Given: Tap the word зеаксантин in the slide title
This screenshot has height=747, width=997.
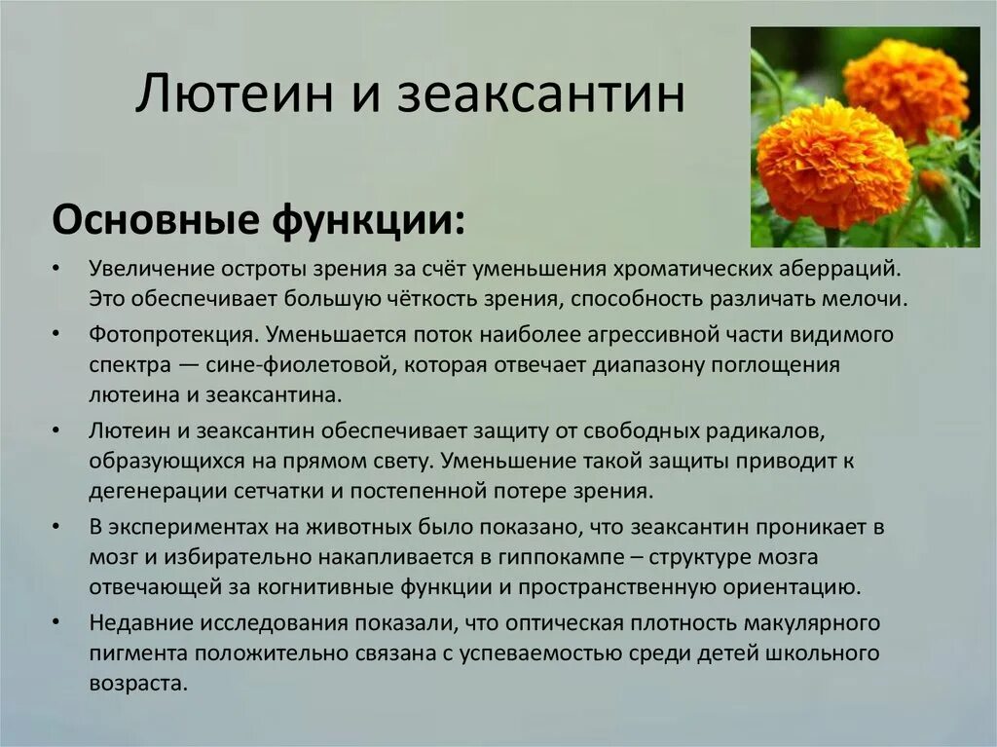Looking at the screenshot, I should pyautogui.click(x=542, y=96).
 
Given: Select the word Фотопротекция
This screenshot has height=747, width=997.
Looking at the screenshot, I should pyautogui.click(x=172, y=333).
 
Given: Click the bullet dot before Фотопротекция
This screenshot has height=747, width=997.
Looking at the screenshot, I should pyautogui.click(x=59, y=333).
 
